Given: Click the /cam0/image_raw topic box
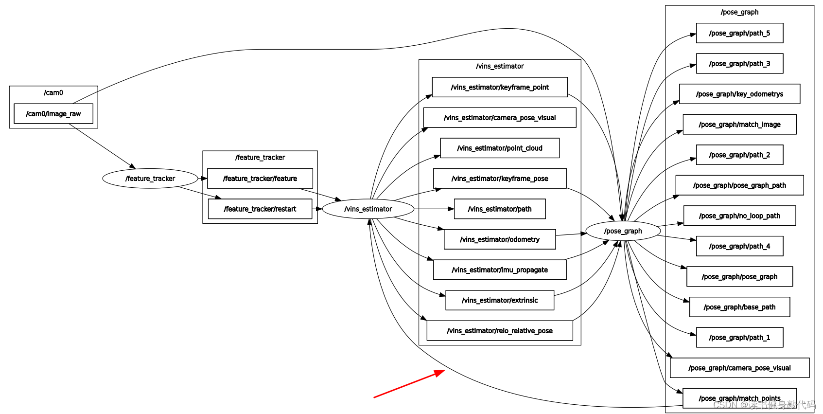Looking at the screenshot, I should point(53,114).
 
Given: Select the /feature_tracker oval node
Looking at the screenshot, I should point(150,179).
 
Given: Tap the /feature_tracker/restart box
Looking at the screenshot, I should point(260,209).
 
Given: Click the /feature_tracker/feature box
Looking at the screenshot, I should point(260,179).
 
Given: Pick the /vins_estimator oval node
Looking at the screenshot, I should point(368,209).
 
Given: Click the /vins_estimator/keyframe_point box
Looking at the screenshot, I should point(500,87).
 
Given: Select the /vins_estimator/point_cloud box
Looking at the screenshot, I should point(500,148).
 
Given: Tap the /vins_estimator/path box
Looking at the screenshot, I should point(500,209).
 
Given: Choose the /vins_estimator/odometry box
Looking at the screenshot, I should point(500,239).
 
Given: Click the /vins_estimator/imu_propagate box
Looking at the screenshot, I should point(500,270).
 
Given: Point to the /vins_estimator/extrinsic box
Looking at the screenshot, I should point(500,300).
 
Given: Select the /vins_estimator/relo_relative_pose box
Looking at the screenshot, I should point(500,331).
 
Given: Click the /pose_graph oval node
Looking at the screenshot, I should point(623,231).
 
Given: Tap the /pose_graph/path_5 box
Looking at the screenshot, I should point(739,33).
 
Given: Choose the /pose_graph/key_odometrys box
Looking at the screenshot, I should point(739,94).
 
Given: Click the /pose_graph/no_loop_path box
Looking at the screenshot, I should point(739,216).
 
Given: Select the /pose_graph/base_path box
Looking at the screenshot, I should point(739,307).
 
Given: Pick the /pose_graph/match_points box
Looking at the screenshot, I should point(739,398).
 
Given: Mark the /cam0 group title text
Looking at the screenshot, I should point(53,93).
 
